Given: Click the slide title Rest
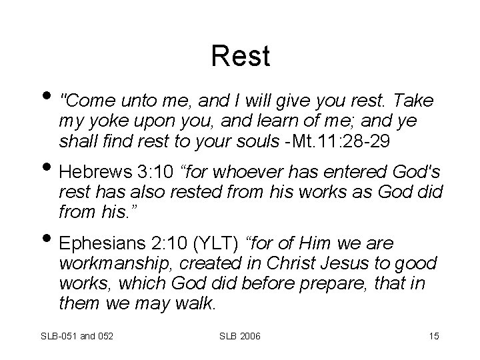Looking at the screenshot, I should [x=240, y=56].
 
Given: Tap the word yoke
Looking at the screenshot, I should [x=107, y=121].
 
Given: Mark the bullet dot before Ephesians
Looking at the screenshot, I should [x=51, y=242].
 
